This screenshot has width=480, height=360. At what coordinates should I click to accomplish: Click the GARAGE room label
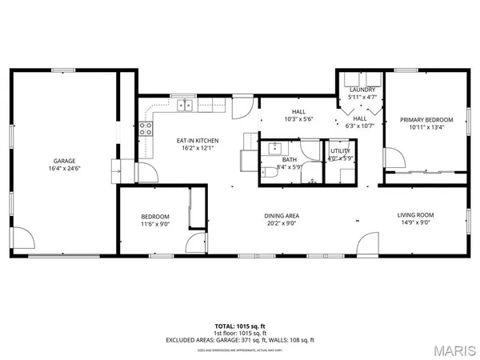53,161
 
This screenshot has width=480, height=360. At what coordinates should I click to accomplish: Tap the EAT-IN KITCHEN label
198,141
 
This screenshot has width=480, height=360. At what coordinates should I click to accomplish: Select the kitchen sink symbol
186,103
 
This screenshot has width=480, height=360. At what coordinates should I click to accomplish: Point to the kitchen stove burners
146,130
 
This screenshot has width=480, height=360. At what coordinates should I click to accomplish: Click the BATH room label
290,159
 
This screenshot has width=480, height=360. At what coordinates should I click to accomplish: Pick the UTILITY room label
340,150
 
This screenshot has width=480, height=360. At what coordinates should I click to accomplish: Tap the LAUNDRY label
362,90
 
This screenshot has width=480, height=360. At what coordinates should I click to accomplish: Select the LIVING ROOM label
416,214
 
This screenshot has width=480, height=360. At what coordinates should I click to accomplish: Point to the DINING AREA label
282,215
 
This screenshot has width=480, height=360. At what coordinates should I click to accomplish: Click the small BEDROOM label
155,216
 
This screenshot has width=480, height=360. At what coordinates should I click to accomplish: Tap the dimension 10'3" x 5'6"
298,119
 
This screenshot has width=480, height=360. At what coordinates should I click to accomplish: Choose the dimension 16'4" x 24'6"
53,168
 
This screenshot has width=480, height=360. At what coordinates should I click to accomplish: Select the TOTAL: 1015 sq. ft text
240,325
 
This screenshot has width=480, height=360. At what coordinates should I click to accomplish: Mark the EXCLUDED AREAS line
240,339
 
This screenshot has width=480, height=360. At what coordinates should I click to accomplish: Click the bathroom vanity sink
274,147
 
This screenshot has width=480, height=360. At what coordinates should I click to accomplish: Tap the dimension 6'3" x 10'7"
359,125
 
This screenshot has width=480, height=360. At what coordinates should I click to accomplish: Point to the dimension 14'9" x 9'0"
416,222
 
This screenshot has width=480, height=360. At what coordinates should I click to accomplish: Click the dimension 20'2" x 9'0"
282,223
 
